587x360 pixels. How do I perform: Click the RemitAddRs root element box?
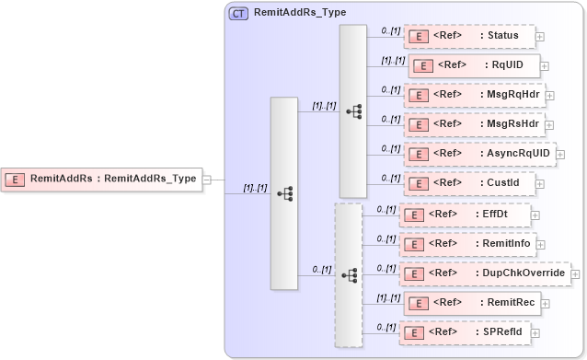(x=102, y=180)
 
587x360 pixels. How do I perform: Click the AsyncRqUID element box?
(x=479, y=153)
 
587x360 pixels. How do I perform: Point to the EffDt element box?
(x=465, y=215)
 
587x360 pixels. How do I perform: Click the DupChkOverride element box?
(x=484, y=273)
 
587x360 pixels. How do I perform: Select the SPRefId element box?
(x=465, y=331)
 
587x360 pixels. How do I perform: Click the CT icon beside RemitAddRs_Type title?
(x=238, y=13)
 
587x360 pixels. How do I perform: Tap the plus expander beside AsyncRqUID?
(x=560, y=154)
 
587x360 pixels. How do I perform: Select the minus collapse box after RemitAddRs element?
(x=208, y=180)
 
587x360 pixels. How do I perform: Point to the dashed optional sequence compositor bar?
(x=349, y=274)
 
